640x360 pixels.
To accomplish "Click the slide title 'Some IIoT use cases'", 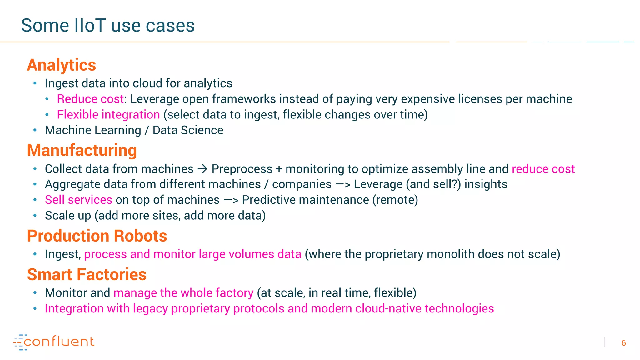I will (108, 25).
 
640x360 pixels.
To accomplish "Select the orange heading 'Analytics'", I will (62, 65).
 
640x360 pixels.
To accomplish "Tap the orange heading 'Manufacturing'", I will (82, 150).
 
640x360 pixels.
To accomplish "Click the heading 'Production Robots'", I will (97, 236).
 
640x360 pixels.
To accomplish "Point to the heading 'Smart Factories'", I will (87, 275).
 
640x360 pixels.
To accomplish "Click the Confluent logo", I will (54, 342).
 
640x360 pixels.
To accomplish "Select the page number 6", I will (623, 343).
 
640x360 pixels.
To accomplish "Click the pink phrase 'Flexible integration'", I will (108, 115).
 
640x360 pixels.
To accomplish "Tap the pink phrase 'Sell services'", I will (78, 200).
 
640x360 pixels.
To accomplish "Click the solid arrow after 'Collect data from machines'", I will (202, 169).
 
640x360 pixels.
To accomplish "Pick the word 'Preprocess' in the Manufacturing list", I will (242, 169).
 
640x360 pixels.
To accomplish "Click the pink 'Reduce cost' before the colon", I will (90, 99).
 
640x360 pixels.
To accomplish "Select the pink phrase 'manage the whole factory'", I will (183, 293).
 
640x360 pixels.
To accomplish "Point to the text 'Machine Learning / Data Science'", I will (134, 130).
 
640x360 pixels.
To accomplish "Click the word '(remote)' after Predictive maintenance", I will (395, 200).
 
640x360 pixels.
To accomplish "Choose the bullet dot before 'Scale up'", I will (35, 216).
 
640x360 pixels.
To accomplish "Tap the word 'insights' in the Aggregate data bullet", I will (486, 184).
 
